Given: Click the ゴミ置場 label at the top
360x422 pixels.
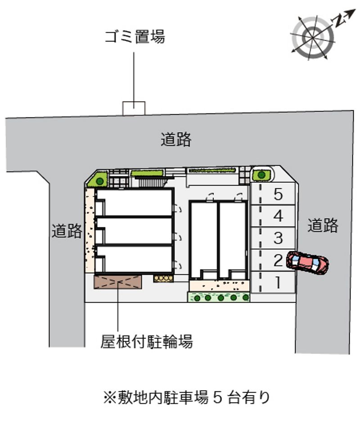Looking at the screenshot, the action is coord(135,37).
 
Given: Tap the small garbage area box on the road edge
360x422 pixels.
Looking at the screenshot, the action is coord(134,108).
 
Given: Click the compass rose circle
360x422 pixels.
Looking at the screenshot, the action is coord(313,38).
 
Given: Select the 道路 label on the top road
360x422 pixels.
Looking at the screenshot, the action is coord(176,139).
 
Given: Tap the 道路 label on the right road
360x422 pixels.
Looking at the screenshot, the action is coord(323,225).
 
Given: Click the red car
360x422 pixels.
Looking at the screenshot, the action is coord(307,263).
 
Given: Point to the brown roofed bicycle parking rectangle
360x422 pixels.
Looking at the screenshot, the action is coord(117,282).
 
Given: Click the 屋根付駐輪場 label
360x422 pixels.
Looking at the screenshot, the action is coord(147,341).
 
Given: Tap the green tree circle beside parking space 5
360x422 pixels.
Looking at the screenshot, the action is coord(261,175).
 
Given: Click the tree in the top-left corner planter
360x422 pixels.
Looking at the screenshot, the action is coord(100,181).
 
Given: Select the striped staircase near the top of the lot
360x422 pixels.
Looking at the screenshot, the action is coord(151,182).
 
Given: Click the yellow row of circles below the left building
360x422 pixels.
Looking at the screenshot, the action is coord(163,278).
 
